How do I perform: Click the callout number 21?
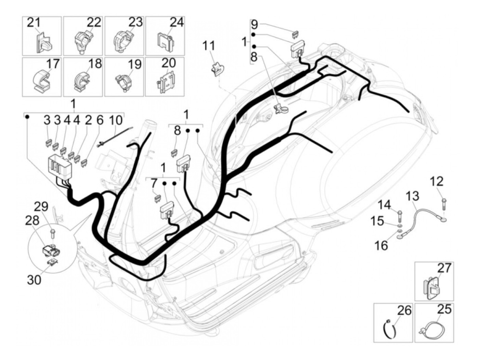(34, 23)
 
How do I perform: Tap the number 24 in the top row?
(177, 22)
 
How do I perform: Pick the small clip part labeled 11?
(217, 68)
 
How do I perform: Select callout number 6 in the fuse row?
(100, 120)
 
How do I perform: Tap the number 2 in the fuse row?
(88, 120)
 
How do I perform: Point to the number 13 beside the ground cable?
(413, 197)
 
